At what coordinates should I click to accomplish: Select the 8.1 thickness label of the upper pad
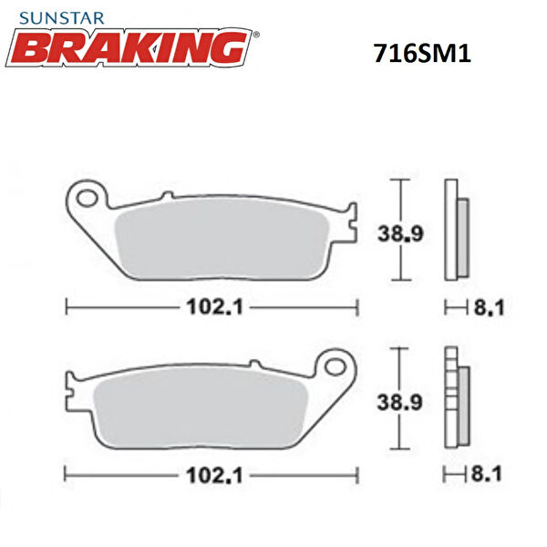489,309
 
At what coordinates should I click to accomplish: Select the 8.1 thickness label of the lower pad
489,474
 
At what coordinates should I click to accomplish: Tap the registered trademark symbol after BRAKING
255,35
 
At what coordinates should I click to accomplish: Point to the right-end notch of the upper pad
349,228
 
